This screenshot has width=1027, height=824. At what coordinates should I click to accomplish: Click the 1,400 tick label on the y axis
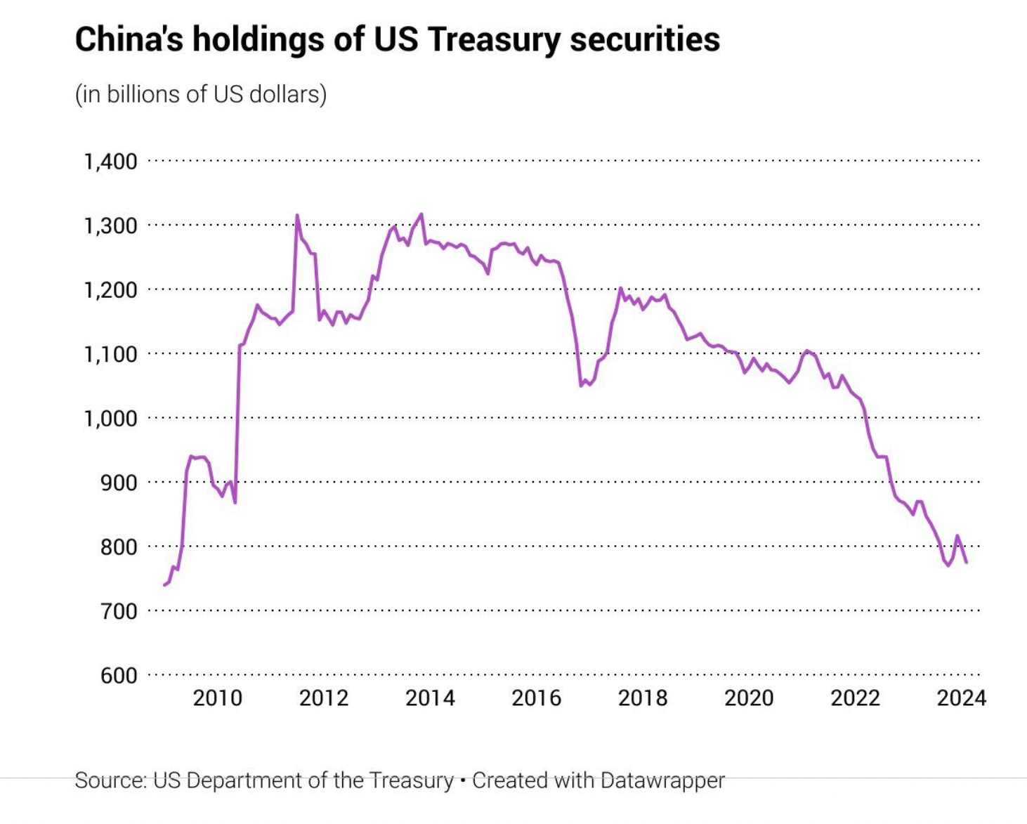(110, 162)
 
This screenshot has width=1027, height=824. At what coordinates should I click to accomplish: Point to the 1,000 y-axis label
(110, 419)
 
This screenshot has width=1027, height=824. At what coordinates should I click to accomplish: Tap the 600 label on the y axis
(119, 676)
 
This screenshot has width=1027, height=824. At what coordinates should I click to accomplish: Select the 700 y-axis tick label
(119, 611)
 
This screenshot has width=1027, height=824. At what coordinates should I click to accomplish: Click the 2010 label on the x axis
(217, 698)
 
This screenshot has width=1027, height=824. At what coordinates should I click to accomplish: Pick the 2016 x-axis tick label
(536, 698)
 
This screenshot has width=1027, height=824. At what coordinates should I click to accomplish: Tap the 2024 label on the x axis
(961, 698)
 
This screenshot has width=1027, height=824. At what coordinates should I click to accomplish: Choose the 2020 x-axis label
(749, 698)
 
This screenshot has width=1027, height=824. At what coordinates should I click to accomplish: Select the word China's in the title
(129, 39)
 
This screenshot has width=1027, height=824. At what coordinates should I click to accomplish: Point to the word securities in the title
(645, 39)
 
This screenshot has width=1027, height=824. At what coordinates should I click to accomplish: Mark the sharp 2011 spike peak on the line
(296, 215)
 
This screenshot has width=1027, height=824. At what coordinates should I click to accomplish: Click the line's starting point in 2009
(164, 584)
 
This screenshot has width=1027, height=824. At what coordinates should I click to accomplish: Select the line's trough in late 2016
(581, 386)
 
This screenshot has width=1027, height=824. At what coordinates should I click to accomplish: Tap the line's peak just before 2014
(421, 214)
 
